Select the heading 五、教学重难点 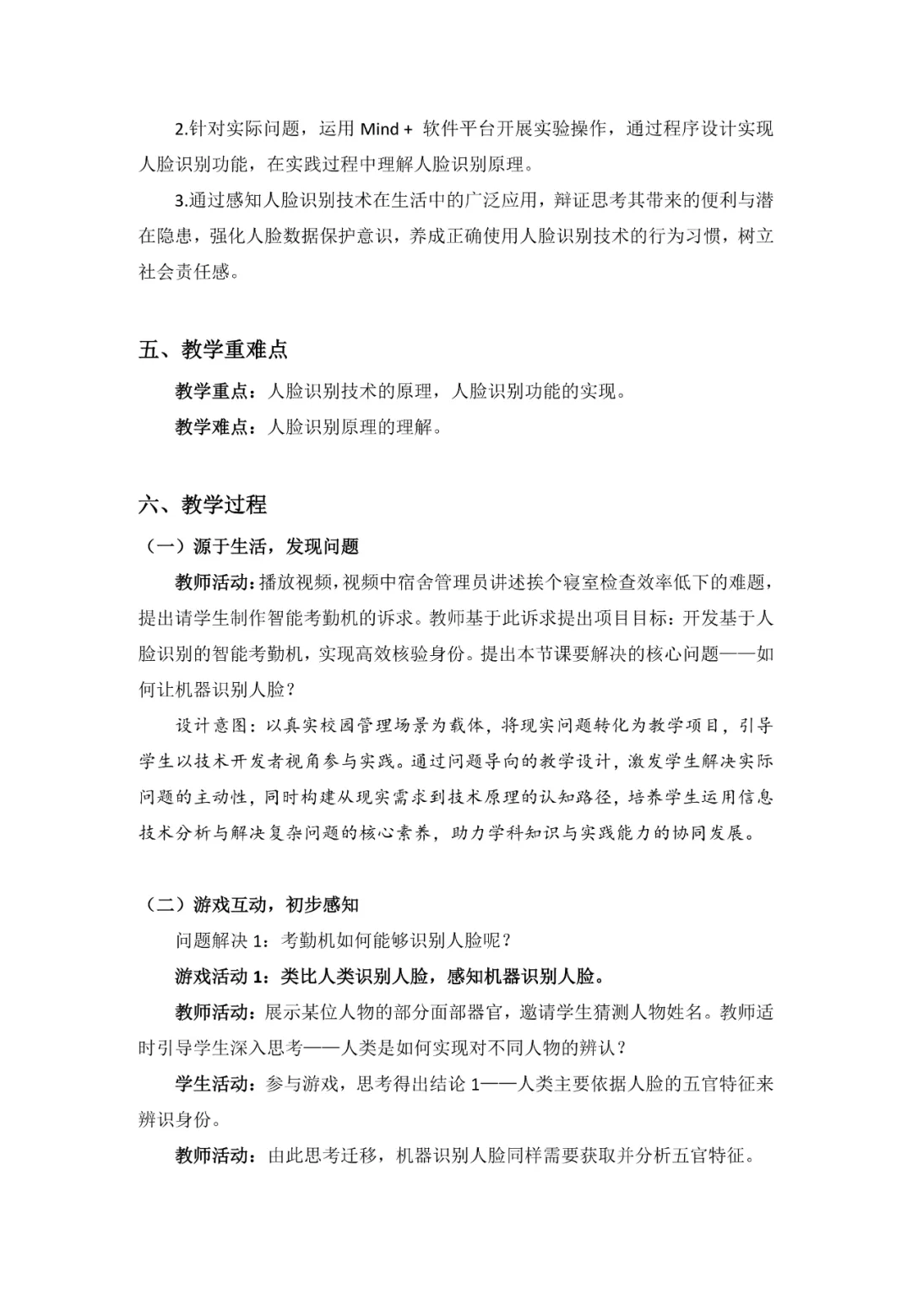pos(214,349)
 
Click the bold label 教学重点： pos(214,391)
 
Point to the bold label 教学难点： pos(214,427)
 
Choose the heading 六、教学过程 pos(203,505)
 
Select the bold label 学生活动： pos(214,1084)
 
